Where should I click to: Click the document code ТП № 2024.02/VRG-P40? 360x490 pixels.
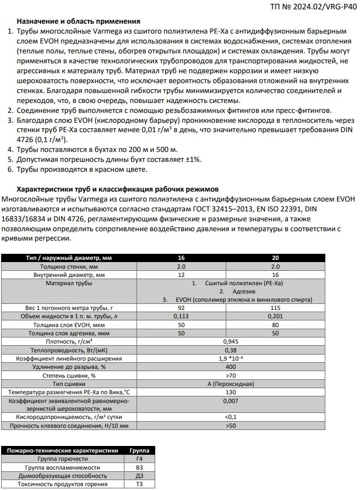click(x=317, y=7)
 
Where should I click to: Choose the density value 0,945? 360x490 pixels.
click(x=231, y=341)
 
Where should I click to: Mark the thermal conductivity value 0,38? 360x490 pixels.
click(x=231, y=350)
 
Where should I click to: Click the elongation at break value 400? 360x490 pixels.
click(x=231, y=367)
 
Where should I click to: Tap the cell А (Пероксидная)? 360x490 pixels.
click(x=231, y=383)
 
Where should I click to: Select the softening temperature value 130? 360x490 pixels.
click(x=231, y=392)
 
